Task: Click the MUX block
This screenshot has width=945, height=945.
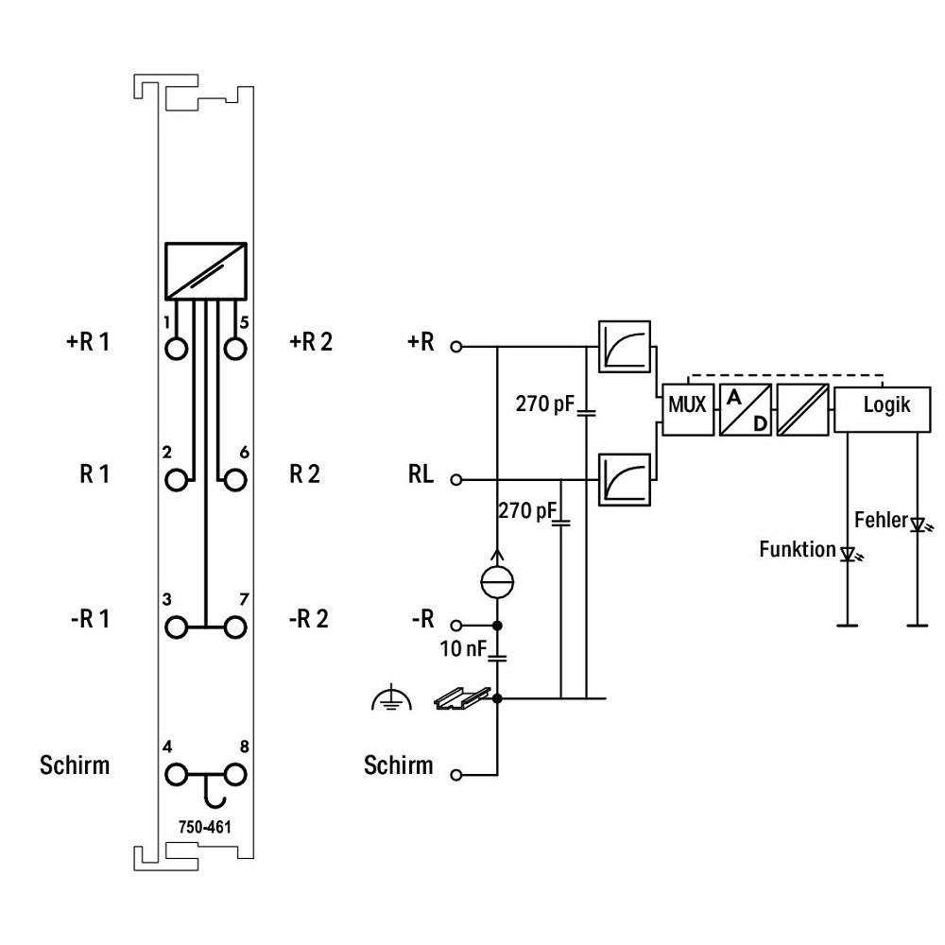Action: (x=688, y=410)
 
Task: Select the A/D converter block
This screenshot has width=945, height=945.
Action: (x=746, y=410)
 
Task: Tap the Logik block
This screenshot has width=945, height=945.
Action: (x=882, y=410)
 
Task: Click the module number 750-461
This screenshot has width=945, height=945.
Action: (x=205, y=827)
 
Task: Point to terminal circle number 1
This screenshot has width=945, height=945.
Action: (x=176, y=349)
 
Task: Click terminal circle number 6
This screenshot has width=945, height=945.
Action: (x=235, y=480)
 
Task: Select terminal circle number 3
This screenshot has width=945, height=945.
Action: (x=176, y=627)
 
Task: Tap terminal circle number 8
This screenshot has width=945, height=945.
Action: (x=235, y=775)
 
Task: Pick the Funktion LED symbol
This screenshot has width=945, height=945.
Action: (x=850, y=554)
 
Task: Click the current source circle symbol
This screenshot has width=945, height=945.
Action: (x=497, y=581)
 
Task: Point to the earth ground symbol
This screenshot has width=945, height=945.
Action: (x=392, y=698)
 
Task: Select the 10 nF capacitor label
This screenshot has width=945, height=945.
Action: (x=463, y=648)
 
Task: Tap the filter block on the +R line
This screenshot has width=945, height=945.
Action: (x=625, y=347)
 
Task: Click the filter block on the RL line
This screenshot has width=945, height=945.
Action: (x=625, y=480)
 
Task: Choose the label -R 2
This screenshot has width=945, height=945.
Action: (x=309, y=619)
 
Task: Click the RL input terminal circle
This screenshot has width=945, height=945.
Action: (x=456, y=480)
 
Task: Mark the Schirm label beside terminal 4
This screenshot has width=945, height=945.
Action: (x=75, y=765)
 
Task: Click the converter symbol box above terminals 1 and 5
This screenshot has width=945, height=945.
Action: (x=206, y=271)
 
